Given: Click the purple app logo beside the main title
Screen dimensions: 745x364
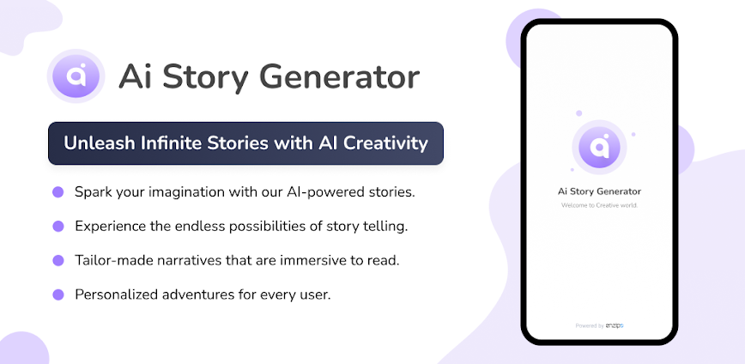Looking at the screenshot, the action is coord(76,76).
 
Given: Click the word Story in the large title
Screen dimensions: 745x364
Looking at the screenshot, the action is coord(205,78).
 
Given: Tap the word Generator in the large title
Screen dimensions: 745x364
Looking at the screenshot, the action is coord(340,76).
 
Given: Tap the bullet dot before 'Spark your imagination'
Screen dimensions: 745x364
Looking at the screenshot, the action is coord(58,192).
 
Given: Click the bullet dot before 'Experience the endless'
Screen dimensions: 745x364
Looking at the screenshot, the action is coord(58,227).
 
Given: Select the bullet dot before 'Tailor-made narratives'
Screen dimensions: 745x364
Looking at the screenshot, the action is coord(58,260).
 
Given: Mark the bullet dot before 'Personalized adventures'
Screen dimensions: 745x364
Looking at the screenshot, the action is coord(58,294).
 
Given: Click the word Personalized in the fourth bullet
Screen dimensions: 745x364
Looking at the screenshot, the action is coord(116,294).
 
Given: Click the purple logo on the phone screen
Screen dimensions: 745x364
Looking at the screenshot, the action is coord(599,146).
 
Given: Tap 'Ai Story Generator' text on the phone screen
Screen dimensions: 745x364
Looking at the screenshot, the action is coord(599,191).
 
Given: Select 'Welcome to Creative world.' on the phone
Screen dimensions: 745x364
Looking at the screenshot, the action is coord(599,205).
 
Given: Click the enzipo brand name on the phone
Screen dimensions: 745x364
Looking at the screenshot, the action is coord(615,325).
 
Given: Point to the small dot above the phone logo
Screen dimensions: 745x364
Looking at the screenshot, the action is coord(578,113).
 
